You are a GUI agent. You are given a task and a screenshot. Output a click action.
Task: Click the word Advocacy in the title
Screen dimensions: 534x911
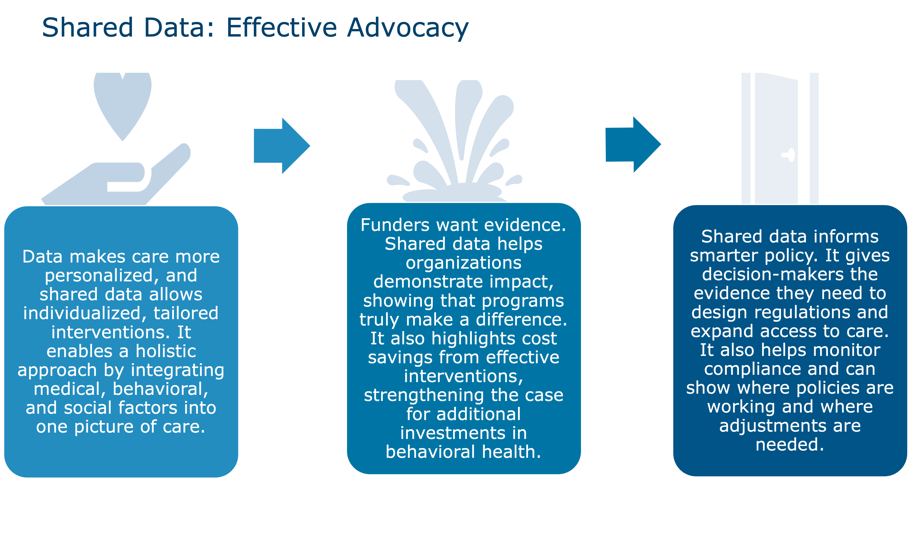(x=407, y=28)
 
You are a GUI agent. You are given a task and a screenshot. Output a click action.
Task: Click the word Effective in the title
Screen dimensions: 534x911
(x=282, y=28)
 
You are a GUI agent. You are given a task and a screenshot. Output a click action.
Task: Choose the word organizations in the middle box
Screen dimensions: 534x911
(x=463, y=263)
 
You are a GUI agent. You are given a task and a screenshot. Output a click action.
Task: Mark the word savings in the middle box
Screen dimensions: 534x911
(x=400, y=357)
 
